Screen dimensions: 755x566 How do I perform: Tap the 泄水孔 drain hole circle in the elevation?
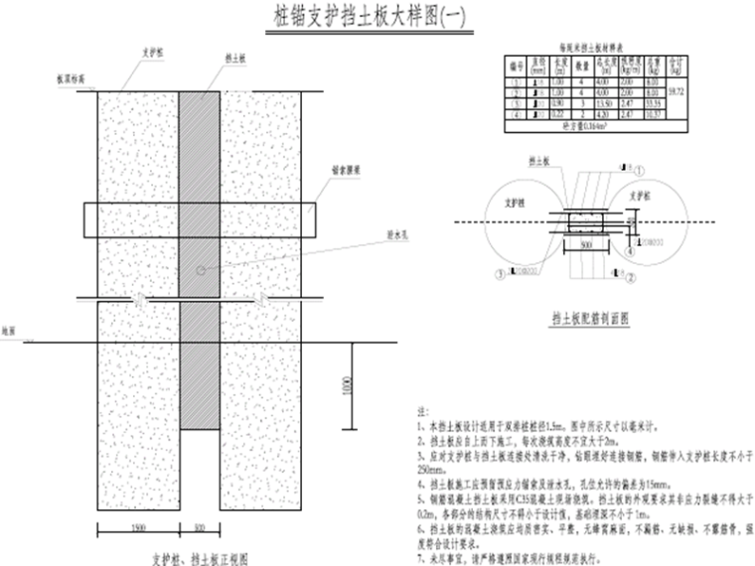200,269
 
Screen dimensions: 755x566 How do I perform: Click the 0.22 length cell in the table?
560,112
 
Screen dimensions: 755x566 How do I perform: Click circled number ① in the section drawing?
641,171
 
